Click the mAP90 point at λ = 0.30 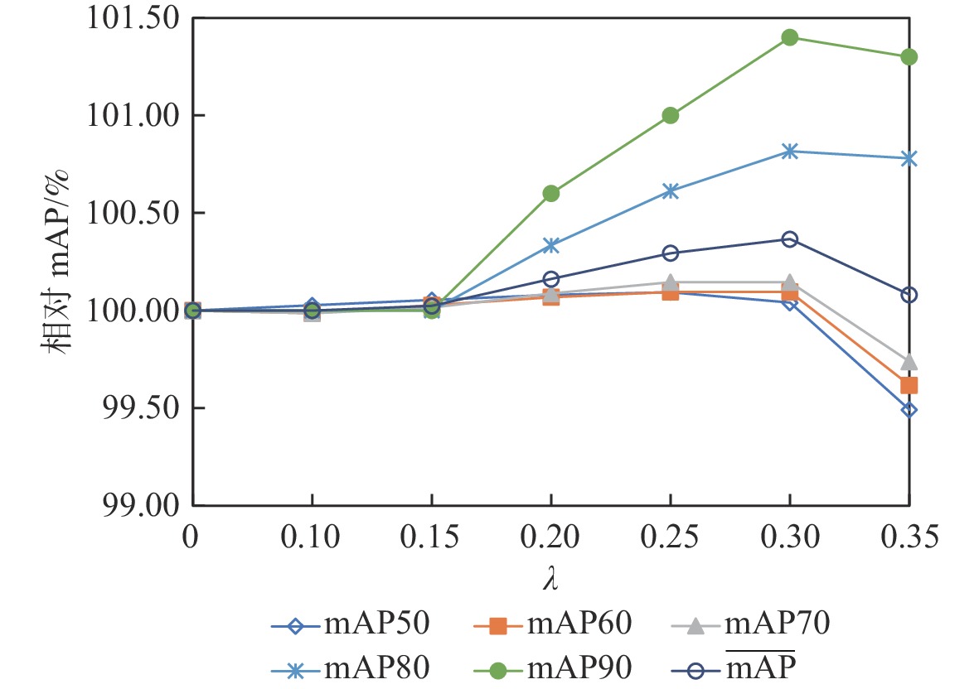tap(789, 37)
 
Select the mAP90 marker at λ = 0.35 tap(909, 56)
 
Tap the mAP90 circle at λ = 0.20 tap(550, 193)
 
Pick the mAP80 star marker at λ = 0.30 tap(789, 151)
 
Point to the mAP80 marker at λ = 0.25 tap(670, 190)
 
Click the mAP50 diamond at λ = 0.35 tap(909, 409)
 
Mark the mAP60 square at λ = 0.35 tap(909, 385)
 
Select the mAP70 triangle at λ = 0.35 tap(909, 362)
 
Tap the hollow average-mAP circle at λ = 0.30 tap(789, 239)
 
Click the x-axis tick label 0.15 tap(431, 538)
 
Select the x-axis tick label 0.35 tap(909, 538)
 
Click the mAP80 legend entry tap(349, 663)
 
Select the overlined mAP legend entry tap(755, 663)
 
